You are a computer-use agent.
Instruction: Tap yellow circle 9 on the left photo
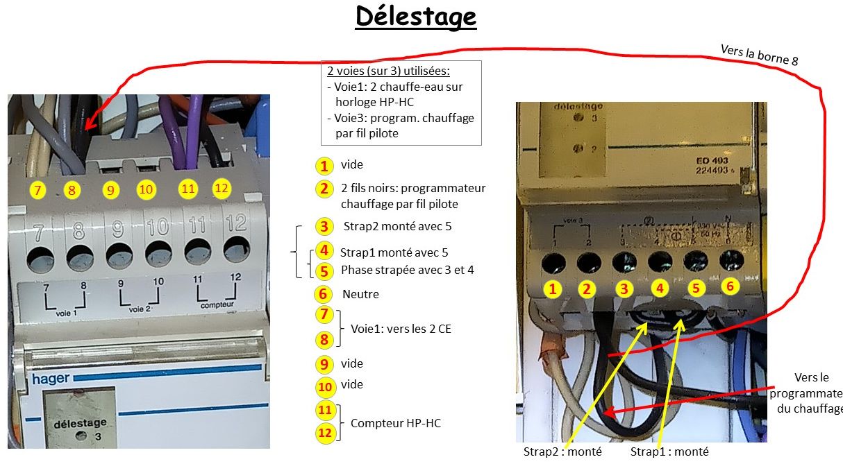coord(110,189)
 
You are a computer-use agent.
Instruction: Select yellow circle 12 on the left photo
coord(222,188)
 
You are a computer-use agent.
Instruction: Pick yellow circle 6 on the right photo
coord(728,286)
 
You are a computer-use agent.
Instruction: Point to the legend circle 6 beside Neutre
coord(324,294)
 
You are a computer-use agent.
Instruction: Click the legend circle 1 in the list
coord(324,166)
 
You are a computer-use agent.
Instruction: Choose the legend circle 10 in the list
coord(324,388)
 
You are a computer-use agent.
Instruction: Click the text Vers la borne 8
coord(758,54)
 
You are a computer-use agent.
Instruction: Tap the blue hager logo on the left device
coord(51,379)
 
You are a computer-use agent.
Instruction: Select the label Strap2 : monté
coord(562,452)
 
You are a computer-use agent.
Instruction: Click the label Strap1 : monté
coord(669,452)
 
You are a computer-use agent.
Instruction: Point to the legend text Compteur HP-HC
coord(395,423)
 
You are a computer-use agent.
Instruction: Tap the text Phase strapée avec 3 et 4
coord(408,270)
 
